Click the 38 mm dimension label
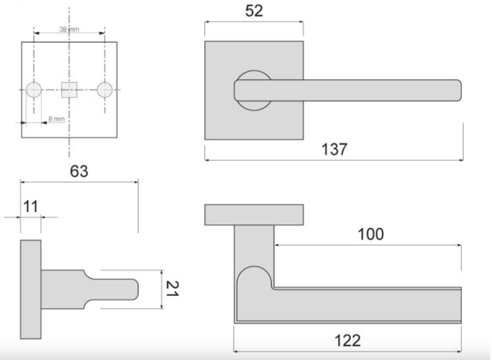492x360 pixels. [69, 30]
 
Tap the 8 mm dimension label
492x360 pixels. [56, 119]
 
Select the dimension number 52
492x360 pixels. [254, 11]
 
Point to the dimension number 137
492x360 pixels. [335, 149]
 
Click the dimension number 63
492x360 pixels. [79, 171]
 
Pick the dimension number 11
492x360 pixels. [31, 207]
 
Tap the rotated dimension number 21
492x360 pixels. [172, 289]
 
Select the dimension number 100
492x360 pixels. [371, 234]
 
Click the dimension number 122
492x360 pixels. [347, 340]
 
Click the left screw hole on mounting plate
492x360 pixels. [33, 90]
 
